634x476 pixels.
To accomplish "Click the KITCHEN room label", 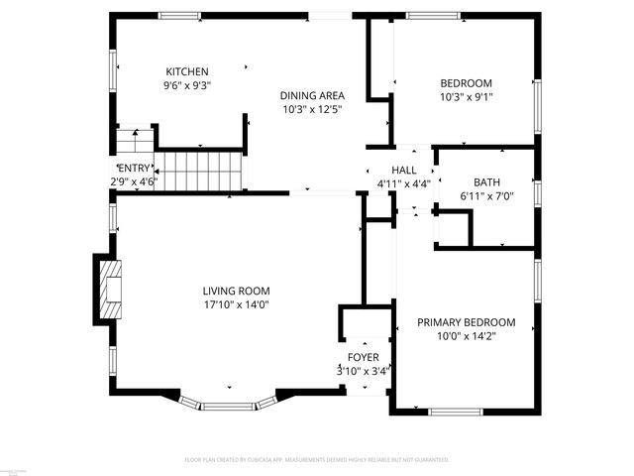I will (x=186, y=71).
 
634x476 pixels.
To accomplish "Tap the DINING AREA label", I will (x=311, y=95).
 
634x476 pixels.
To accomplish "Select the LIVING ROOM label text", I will (x=236, y=291).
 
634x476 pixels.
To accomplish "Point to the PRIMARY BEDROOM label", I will (x=466, y=322).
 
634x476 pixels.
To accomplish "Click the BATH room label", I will (x=486, y=182).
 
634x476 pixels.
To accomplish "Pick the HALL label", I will (x=403, y=171).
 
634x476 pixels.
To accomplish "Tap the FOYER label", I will (x=362, y=357).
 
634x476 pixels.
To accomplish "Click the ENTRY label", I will (x=133, y=169).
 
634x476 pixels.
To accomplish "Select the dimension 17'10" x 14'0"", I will (x=236, y=304).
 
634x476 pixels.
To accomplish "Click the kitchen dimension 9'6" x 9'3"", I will (x=186, y=85).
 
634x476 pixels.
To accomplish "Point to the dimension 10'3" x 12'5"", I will (x=311, y=109).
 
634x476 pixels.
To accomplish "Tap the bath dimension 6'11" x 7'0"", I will (x=486, y=196).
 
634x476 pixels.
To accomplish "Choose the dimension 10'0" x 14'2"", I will (x=466, y=336).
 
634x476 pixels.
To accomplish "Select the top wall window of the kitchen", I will (x=179, y=15).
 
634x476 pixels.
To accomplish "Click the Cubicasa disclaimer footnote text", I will (x=317, y=460).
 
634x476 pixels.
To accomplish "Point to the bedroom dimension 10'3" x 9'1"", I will (x=466, y=97).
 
